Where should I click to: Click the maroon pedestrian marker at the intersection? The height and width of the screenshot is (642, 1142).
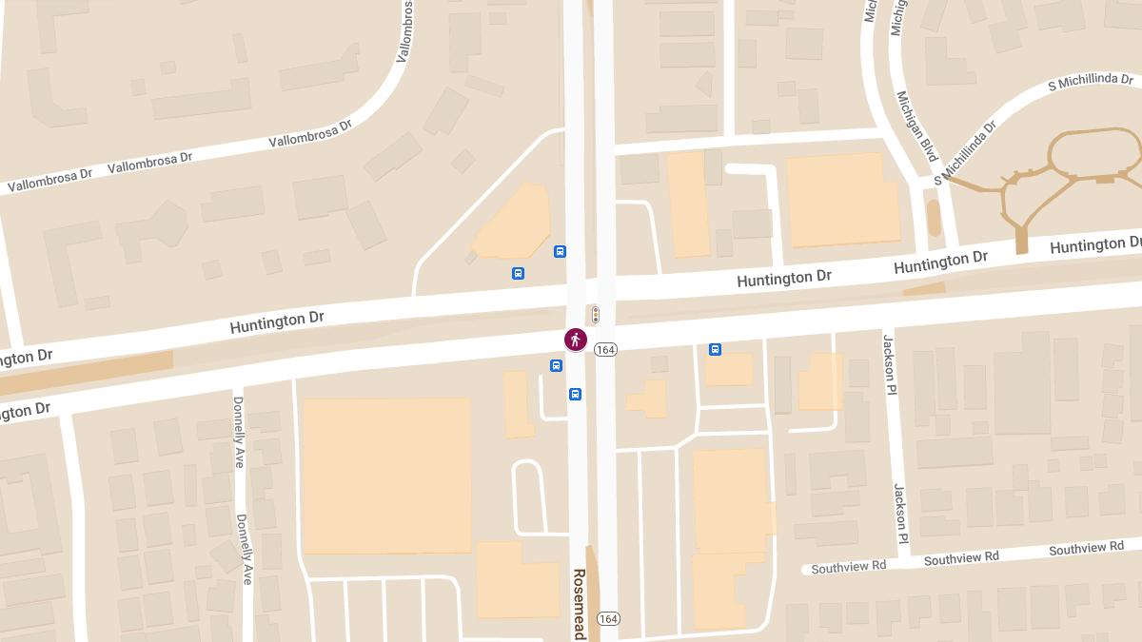[x=575, y=340]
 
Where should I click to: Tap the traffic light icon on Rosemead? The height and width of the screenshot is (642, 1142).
[x=596, y=315]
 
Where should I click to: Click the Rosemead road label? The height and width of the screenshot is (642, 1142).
[x=579, y=604]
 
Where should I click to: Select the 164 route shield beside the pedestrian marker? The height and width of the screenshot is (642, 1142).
[x=605, y=350]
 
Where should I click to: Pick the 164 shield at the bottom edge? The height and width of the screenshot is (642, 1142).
[x=609, y=619]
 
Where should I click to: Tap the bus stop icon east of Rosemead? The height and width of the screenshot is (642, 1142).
[x=715, y=350]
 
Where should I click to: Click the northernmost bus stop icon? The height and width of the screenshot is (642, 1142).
[x=560, y=251]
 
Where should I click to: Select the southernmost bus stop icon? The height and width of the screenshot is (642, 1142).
[x=575, y=394]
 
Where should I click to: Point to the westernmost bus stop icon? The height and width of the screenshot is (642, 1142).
[x=518, y=274]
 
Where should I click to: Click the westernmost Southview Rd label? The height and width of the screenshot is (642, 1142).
[x=848, y=566]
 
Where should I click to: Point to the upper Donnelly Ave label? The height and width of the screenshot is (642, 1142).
[x=238, y=432]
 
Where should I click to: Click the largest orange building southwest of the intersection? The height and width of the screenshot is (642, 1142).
[x=386, y=476]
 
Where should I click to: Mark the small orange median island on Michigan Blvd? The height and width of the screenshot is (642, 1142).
[x=934, y=218]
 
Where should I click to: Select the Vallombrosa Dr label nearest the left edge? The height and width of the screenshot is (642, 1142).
[x=49, y=181]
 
